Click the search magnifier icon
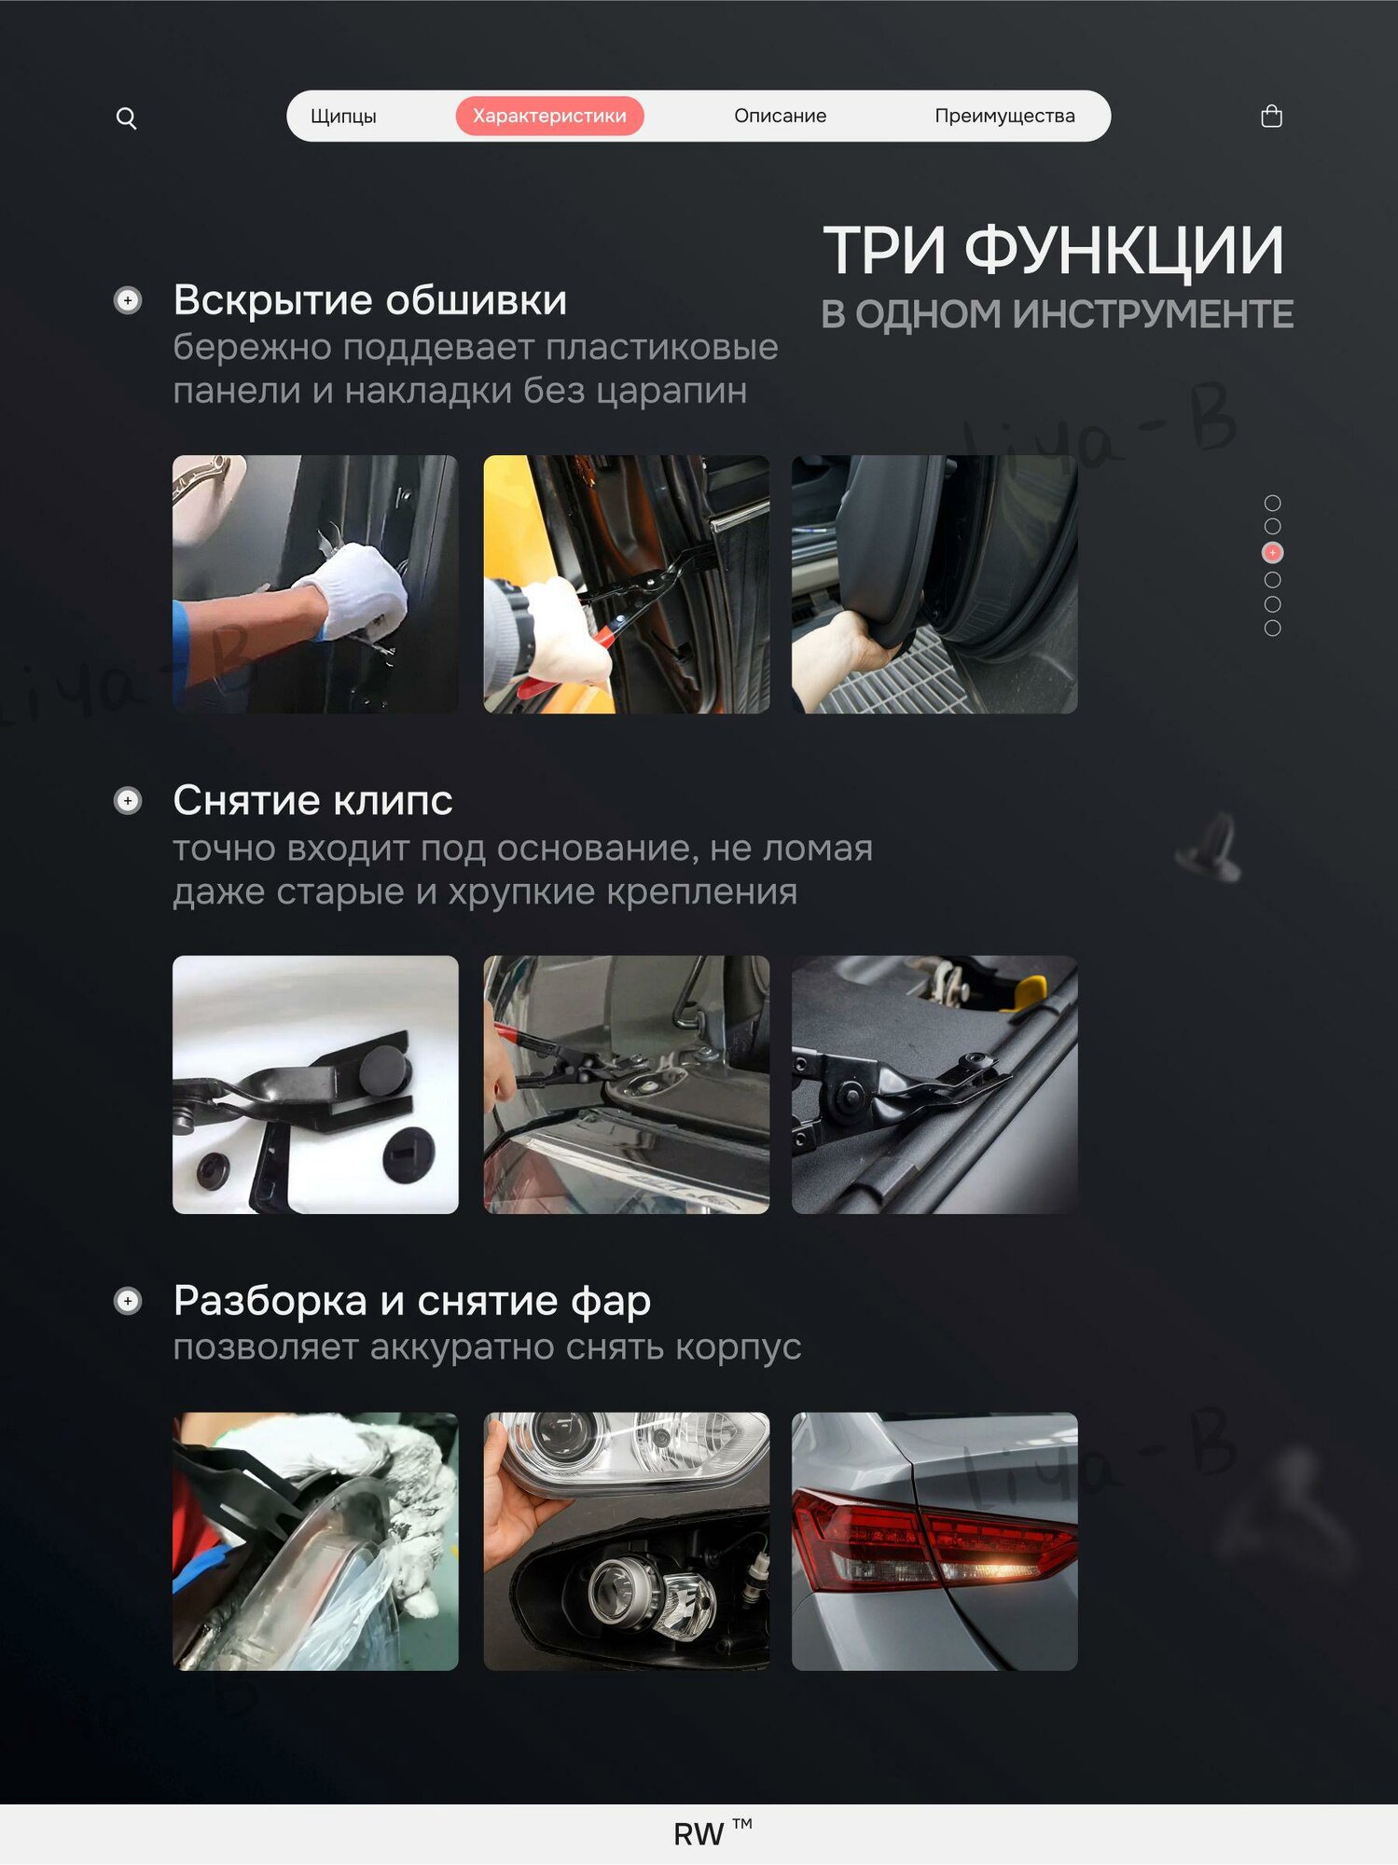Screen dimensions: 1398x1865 [126, 117]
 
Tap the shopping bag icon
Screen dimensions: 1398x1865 [1271, 116]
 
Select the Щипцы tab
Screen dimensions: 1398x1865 [343, 116]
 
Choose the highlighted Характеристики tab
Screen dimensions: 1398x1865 [549, 116]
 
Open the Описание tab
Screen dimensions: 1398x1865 [780, 116]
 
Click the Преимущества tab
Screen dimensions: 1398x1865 [1004, 116]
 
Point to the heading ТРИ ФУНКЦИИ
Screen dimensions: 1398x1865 [1053, 251]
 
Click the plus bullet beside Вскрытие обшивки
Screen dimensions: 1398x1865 [128, 300]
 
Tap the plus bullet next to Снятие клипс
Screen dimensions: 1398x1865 [128, 800]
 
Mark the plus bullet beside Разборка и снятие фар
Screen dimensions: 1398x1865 [128, 1301]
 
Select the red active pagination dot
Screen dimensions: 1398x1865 [1272, 553]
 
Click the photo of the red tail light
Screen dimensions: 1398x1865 [934, 1541]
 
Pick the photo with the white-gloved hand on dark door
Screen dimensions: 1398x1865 [315, 585]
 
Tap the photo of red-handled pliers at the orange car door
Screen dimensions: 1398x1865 [627, 585]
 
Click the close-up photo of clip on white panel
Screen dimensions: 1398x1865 [315, 1084]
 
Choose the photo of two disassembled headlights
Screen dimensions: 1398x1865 [627, 1541]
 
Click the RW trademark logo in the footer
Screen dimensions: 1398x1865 [713, 1833]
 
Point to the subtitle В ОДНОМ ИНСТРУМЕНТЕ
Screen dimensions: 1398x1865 [1058, 314]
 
